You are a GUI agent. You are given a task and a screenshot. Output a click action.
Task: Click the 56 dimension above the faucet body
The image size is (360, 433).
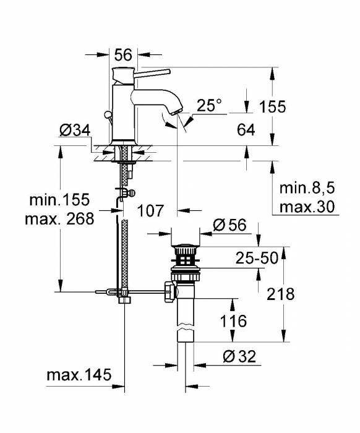(124, 54)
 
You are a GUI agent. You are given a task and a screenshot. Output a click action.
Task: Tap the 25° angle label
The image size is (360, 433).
(208, 106)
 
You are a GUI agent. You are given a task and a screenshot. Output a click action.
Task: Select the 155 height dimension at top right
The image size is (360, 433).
(272, 106)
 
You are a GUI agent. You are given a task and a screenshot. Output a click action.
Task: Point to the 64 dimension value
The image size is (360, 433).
(246, 130)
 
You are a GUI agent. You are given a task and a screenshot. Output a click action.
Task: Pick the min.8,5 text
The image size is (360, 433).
(307, 187)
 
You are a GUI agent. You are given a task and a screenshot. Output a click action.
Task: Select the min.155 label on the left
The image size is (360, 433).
(60, 200)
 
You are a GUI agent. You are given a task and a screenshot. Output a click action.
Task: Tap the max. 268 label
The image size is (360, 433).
(60, 218)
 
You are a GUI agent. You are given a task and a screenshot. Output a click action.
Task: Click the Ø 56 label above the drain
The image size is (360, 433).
(229, 225)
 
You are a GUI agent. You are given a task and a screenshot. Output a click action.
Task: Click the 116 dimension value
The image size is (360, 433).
(233, 321)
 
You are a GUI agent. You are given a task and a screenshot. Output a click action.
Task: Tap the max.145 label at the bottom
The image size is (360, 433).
(78, 374)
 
